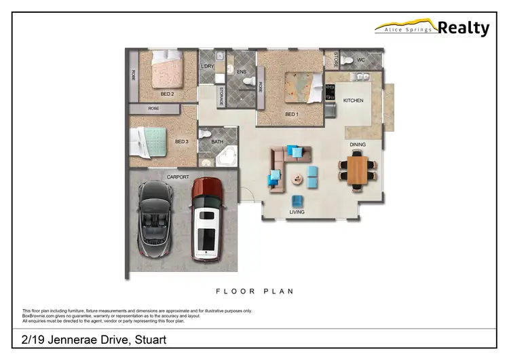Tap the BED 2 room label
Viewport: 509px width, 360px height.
pyautogui.click(x=168, y=94)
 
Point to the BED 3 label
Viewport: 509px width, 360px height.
pyautogui.click(x=182, y=142)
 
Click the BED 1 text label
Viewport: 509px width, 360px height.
pyautogui.click(x=292, y=114)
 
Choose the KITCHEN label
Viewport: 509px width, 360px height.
pyautogui.click(x=353, y=101)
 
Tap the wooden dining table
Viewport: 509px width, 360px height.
pyautogui.click(x=356, y=168)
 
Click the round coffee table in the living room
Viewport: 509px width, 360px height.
pyautogui.click(x=297, y=180)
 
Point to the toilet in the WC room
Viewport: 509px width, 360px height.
pyautogui.click(x=347, y=60)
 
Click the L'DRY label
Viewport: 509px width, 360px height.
pyautogui.click(x=208, y=66)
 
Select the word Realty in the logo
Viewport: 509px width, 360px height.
pyautogui.click(x=464, y=28)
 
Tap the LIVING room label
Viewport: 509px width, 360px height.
pyautogui.click(x=297, y=213)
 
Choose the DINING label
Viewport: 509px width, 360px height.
pyautogui.click(x=358, y=145)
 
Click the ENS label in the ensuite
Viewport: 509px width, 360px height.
pyautogui.click(x=241, y=71)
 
